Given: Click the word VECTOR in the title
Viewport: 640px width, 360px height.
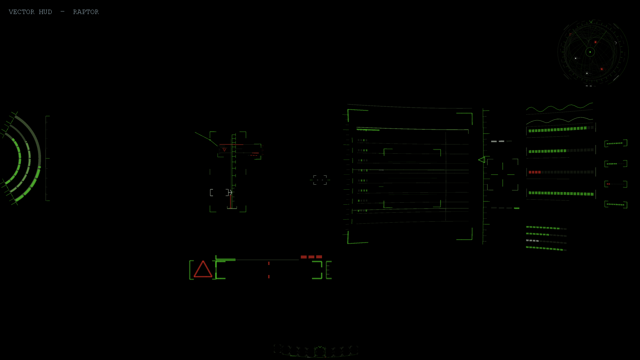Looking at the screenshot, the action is (21, 12).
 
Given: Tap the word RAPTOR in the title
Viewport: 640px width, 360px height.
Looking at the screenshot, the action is (86, 12).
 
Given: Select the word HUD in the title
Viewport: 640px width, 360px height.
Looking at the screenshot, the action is (45, 12).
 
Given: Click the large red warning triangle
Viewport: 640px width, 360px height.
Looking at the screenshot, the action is (203, 269).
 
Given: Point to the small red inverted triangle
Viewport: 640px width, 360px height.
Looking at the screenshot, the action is (224, 150).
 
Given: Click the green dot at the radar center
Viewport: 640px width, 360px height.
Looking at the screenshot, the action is (590, 52).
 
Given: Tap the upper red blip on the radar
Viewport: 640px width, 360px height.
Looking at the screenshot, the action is (595, 42).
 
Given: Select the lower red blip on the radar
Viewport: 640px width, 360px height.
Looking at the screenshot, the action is (602, 69).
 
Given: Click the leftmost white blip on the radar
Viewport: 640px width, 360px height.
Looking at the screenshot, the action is (576, 58).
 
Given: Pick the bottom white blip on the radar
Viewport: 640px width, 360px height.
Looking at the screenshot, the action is (587, 73).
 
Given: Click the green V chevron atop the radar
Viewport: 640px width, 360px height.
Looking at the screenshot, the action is (591, 22).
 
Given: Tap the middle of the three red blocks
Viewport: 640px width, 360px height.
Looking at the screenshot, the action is (311, 257).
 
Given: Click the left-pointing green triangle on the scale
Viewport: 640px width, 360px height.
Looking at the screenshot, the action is (482, 160).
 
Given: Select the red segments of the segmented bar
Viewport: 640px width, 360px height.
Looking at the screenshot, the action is (535, 172).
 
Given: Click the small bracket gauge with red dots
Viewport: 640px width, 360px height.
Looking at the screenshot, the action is (616, 184).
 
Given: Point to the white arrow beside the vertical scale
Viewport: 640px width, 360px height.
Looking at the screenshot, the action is (230, 192).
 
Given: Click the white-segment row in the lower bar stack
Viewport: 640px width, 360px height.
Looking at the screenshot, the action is (532, 241).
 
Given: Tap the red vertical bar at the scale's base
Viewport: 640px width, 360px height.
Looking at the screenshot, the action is (231, 201).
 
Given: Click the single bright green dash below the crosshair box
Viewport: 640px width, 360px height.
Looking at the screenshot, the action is (517, 208).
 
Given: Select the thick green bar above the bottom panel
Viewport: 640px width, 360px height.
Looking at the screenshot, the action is (226, 260).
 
